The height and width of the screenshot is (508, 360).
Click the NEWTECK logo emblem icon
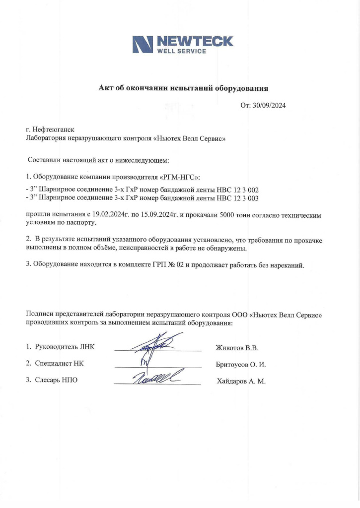point(143,45)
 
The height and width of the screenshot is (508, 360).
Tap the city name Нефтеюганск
point(53,129)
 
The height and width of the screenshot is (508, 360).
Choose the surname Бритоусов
point(232,365)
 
